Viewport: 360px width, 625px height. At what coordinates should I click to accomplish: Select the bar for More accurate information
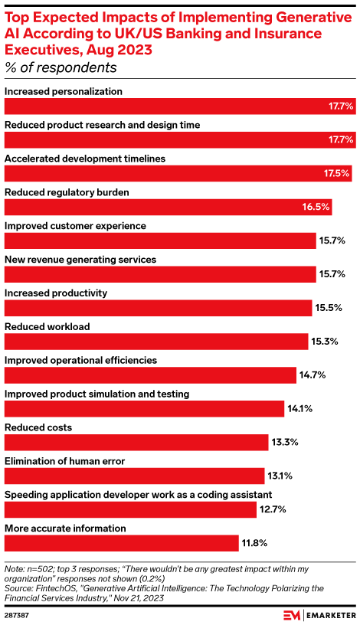click(x=122, y=544)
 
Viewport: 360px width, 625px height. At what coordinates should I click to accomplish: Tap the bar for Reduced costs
click(x=135, y=442)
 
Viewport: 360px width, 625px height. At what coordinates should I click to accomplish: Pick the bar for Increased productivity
click(x=158, y=308)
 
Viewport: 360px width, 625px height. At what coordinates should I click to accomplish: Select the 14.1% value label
click(x=299, y=409)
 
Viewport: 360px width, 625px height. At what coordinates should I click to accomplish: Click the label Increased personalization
click(x=64, y=91)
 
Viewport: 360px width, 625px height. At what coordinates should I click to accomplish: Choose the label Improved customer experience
click(x=75, y=226)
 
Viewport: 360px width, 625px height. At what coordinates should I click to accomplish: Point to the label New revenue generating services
click(x=80, y=260)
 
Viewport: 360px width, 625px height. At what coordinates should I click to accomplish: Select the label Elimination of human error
click(x=70, y=462)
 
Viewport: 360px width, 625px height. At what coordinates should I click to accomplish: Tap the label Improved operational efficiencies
click(x=80, y=360)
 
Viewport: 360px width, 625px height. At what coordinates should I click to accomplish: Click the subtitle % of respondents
click(x=61, y=67)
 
